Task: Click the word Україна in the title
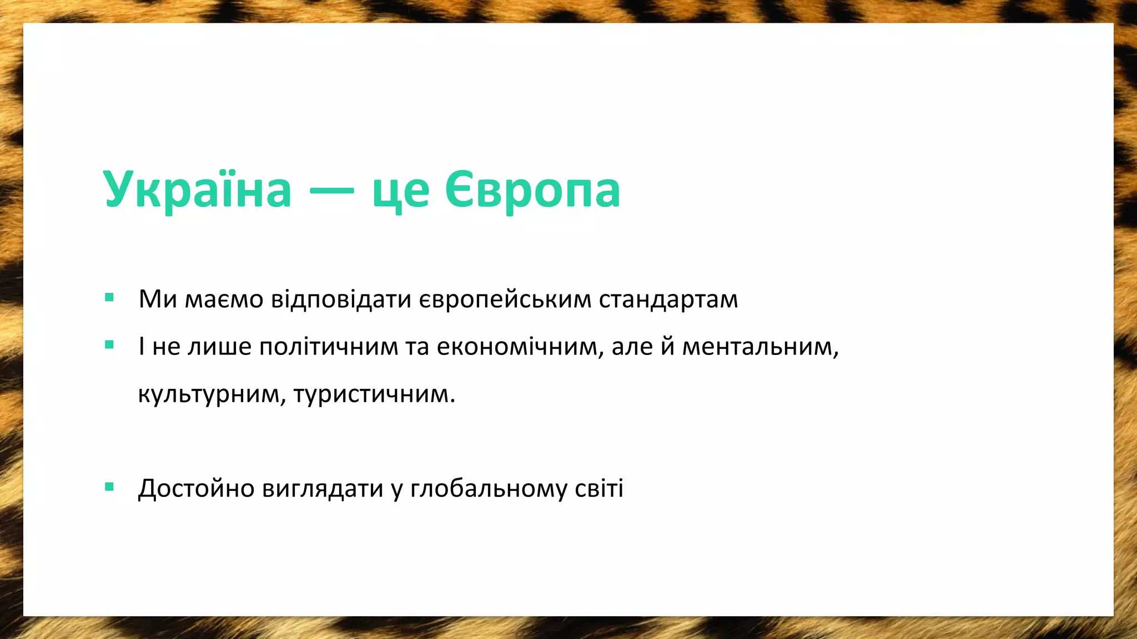pos(197,190)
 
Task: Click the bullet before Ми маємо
pos(109,298)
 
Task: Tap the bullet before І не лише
pos(109,345)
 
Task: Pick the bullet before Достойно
pos(109,487)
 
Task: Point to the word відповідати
pos(341,300)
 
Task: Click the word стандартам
pos(668,300)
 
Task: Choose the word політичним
pos(329,347)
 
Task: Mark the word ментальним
pos(759,347)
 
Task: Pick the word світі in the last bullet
pos(599,488)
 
